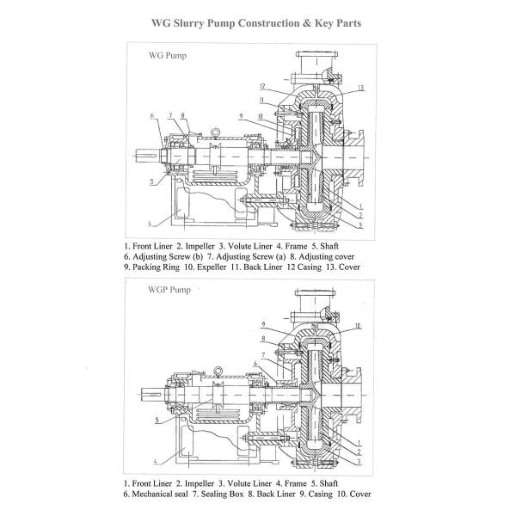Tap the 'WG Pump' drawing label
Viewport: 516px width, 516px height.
pos(163,57)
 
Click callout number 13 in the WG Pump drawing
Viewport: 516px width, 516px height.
pos(360,88)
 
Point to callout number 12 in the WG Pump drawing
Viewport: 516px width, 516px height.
pos(261,86)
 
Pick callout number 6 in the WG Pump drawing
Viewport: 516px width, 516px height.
pos(151,115)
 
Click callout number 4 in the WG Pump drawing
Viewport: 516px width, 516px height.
pos(149,224)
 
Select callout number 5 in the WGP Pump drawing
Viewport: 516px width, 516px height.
pos(157,421)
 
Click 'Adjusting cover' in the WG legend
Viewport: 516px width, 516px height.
pos(327,256)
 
